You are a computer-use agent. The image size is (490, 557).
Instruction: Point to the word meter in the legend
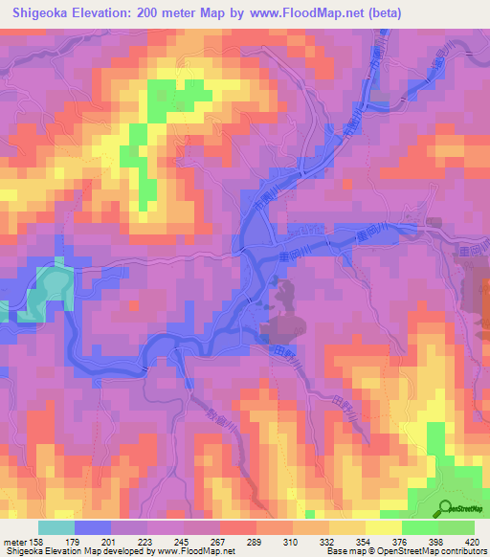[x=16, y=542]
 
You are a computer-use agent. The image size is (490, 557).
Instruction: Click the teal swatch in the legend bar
[x=56, y=527]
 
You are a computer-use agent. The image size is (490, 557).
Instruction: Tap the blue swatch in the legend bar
[x=93, y=527]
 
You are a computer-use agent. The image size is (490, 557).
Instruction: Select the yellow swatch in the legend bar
[x=383, y=527]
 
